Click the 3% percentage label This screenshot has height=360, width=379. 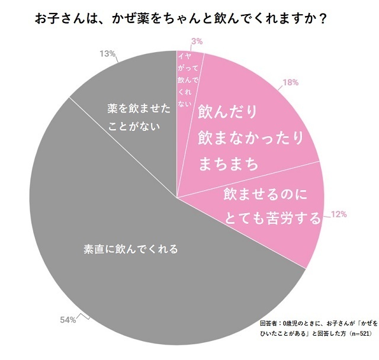coord(197,41)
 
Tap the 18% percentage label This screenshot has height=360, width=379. coord(290,83)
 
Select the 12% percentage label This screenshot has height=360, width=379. coord(339,214)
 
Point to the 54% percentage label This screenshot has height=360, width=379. coord(68,320)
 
